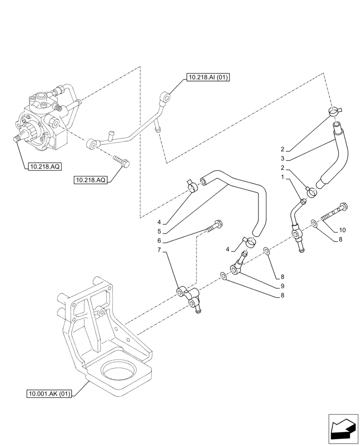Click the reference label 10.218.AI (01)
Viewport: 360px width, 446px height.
[x=208, y=78]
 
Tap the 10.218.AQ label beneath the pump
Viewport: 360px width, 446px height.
[x=44, y=167]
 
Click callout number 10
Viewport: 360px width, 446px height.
[x=342, y=230]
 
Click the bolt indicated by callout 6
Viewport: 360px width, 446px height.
[x=213, y=227]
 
